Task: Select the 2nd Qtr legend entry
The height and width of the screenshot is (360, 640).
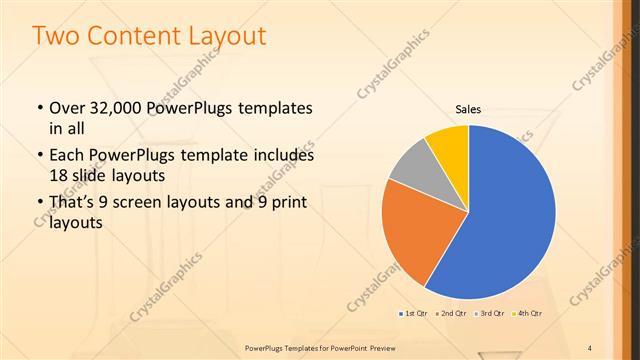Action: (451, 314)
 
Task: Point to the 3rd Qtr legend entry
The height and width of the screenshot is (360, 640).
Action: (489, 314)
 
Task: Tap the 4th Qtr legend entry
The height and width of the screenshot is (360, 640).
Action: (526, 314)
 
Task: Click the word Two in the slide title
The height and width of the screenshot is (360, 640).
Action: (56, 37)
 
